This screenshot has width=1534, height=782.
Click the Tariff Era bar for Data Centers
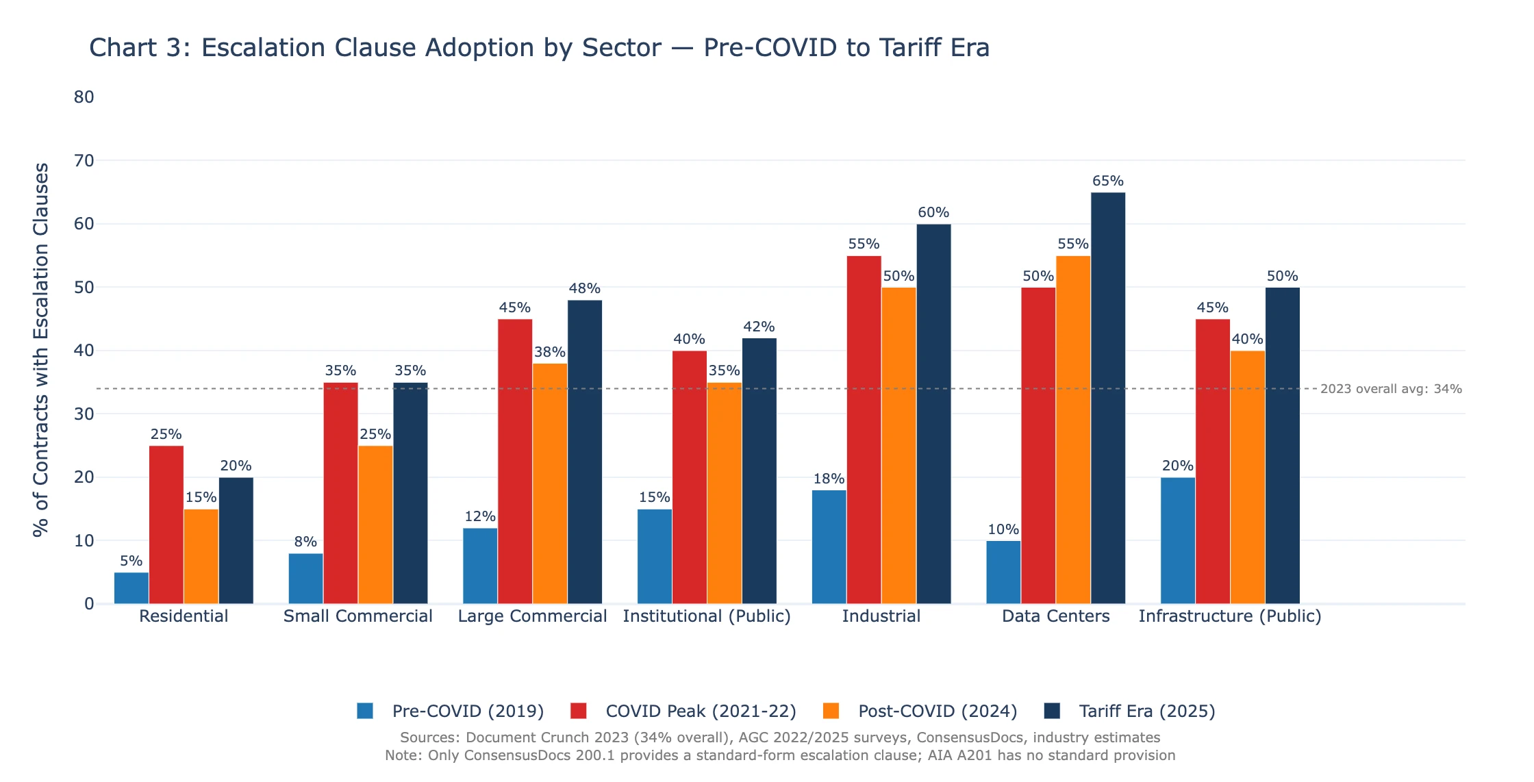coord(1107,398)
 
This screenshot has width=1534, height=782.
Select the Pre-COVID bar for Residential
coord(131,588)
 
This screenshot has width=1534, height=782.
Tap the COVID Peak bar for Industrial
coord(864,429)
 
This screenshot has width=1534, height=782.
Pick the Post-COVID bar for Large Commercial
coord(550,483)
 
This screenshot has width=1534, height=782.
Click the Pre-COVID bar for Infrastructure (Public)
coord(1178,540)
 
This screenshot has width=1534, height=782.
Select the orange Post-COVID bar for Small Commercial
coord(375,525)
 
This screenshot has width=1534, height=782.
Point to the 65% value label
coord(1107,181)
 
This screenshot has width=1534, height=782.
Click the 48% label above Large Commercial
coord(584,288)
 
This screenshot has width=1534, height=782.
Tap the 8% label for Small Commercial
coord(305,542)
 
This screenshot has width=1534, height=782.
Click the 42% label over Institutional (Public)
coord(759,327)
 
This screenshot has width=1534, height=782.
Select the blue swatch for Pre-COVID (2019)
coord(365,711)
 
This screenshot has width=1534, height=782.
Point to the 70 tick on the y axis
coord(84,161)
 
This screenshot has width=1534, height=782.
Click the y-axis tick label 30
coord(84,414)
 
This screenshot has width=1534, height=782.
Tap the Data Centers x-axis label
coord(1055,616)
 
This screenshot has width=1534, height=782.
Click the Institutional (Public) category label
coord(707,616)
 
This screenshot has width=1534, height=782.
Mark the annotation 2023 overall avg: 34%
coord(1390,389)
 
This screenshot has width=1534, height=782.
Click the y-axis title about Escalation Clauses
coord(41,349)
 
